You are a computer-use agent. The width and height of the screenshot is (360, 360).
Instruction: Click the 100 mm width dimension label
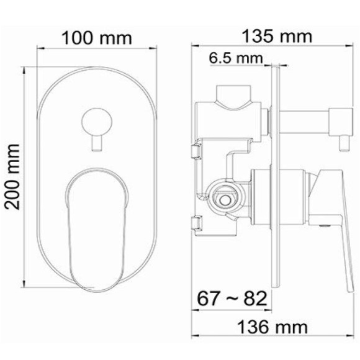(96, 38)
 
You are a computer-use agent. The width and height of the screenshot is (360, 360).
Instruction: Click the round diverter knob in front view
(96, 119)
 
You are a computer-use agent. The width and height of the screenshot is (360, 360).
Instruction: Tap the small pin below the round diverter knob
(96, 145)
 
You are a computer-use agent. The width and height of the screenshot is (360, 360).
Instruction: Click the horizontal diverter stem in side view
(304, 117)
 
